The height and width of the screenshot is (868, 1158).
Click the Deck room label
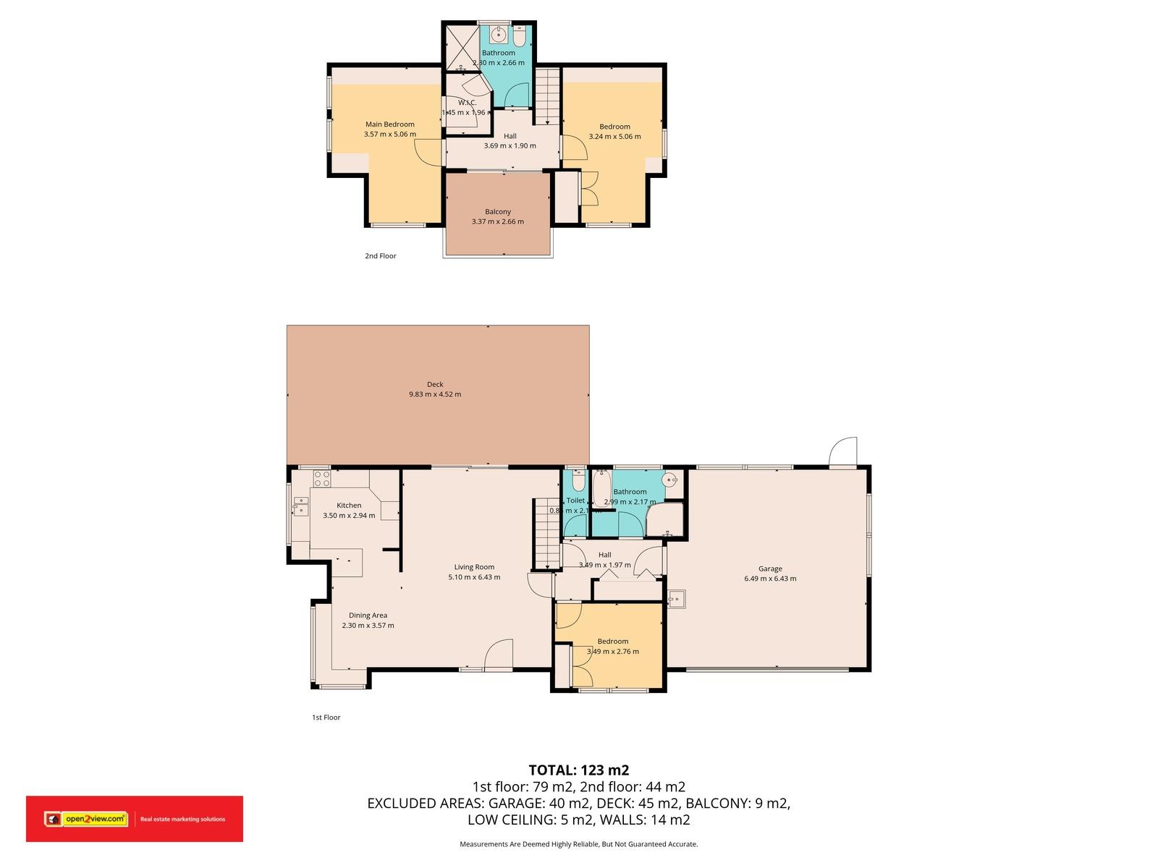(x=434, y=385)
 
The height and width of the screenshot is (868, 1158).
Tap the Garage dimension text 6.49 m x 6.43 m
(x=770, y=579)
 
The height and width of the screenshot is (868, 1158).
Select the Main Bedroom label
(x=389, y=124)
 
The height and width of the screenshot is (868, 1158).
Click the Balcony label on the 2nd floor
(x=498, y=212)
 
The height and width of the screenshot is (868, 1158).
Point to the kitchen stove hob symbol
(x=321, y=478)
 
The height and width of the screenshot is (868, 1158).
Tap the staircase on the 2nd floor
(x=548, y=95)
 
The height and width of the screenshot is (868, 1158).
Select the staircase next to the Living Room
(x=547, y=534)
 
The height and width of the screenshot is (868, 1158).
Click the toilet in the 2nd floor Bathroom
(x=520, y=35)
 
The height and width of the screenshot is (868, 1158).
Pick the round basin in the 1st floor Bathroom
(x=672, y=479)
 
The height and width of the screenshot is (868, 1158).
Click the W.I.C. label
(x=467, y=103)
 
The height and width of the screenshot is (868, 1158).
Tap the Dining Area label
(x=368, y=616)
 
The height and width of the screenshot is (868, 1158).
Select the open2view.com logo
(x=85, y=819)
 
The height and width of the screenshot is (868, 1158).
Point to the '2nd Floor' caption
(x=380, y=256)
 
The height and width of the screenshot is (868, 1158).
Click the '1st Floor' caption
(x=326, y=718)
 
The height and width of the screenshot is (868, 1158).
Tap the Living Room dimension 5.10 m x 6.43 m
(x=474, y=577)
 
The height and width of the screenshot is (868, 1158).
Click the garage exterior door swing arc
(x=844, y=450)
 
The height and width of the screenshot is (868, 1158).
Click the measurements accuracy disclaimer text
(x=578, y=844)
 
